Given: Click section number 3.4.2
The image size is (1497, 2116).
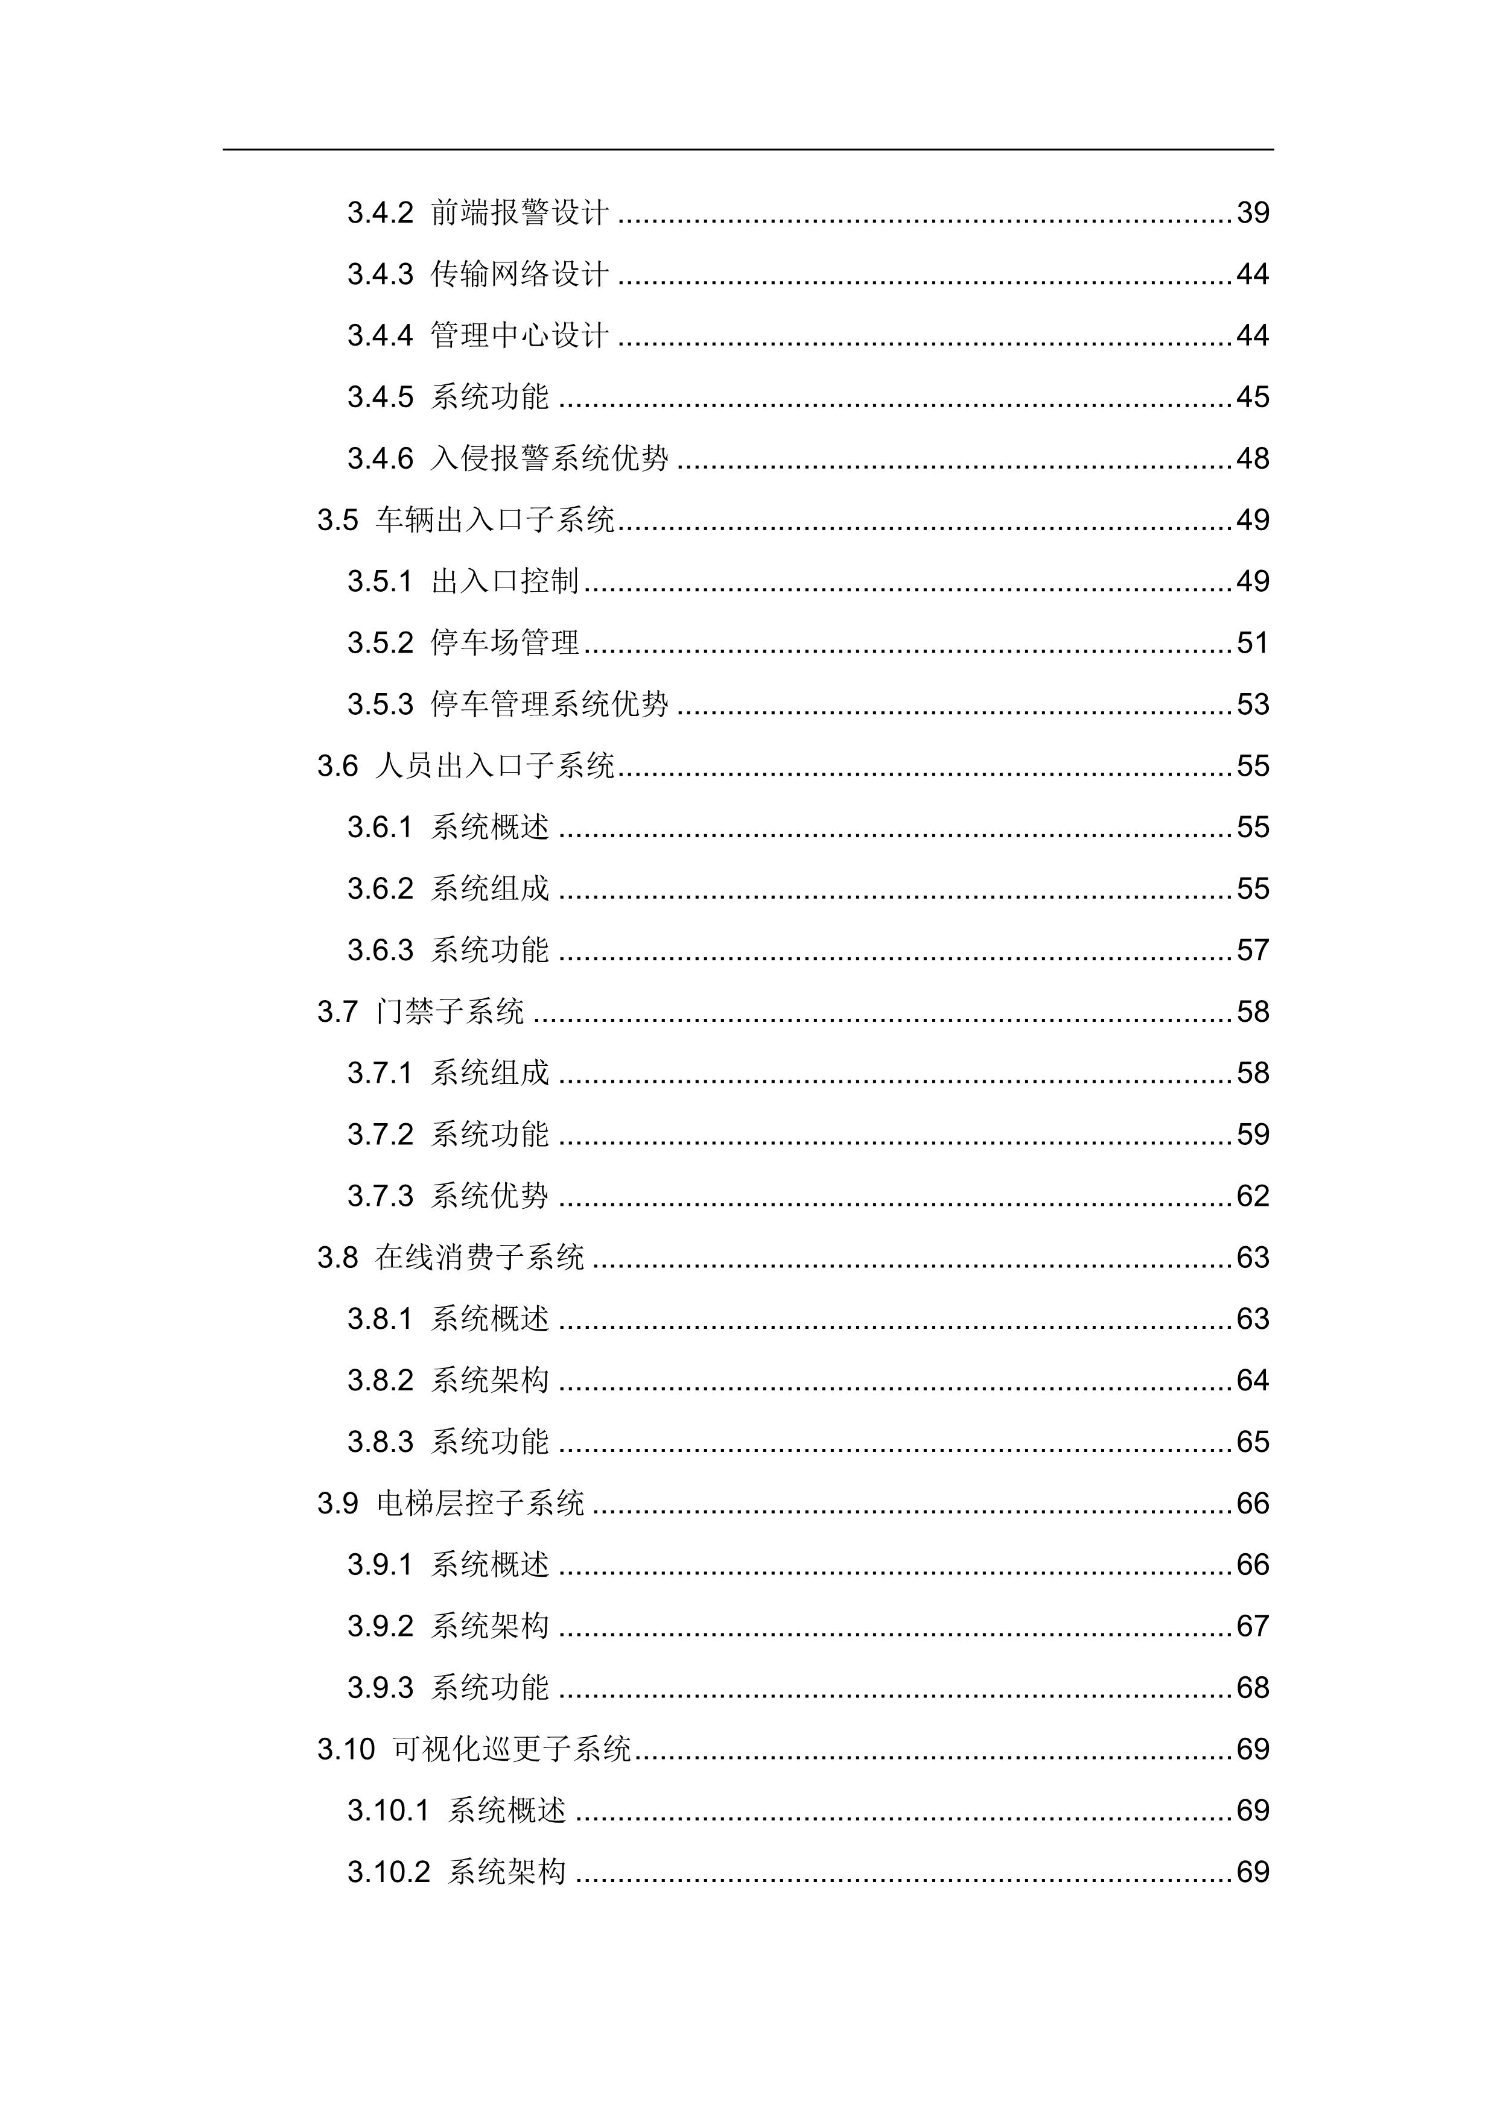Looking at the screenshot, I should [x=380, y=213].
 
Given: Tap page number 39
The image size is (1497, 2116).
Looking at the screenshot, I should [x=1253, y=213].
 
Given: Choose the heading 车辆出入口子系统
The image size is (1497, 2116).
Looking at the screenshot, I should [x=495, y=520].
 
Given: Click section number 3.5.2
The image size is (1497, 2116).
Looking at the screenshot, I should [x=380, y=643].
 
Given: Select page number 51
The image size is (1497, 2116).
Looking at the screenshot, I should [x=1253, y=643].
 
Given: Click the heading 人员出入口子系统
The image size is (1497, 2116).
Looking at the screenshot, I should [x=495, y=766].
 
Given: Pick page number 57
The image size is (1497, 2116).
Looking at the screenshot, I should [x=1253, y=950].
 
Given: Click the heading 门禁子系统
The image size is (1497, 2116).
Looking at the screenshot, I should [x=450, y=1012].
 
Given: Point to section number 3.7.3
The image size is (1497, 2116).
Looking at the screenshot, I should [x=380, y=1196].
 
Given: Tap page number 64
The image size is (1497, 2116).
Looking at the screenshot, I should [x=1253, y=1381].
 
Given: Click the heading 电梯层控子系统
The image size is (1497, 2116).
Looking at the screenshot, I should [x=480, y=1504].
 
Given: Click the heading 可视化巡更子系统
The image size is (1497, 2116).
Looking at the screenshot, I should [x=512, y=1749].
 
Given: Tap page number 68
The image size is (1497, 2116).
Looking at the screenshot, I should [x=1253, y=1688].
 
